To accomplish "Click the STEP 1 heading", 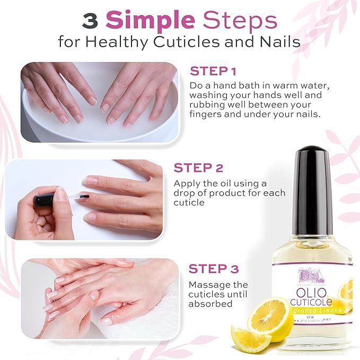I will coord(213,71).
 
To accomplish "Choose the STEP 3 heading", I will coord(214,269).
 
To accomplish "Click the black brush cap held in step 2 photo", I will coord(43,201).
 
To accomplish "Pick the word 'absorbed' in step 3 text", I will coord(211,304).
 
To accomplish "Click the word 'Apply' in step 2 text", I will coord(186,183).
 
